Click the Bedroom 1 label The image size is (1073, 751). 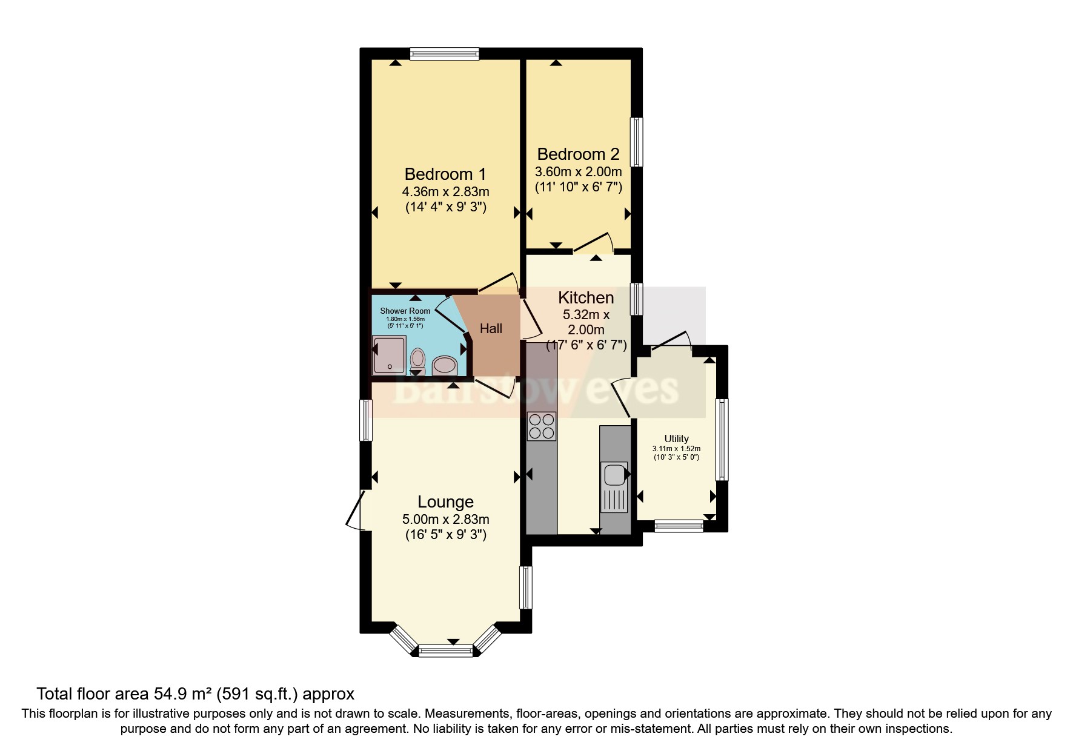click(445, 174)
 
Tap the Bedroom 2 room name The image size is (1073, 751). click(578, 154)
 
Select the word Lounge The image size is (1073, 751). click(445, 502)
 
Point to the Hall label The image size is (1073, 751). click(491, 329)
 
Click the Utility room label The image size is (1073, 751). click(676, 439)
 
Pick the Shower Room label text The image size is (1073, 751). click(405, 311)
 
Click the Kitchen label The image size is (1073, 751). click(586, 298)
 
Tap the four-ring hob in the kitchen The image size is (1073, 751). click(541, 426)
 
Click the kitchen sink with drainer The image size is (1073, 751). click(614, 487)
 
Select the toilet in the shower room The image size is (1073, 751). click(417, 359)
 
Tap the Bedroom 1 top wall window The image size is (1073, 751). click(444, 54)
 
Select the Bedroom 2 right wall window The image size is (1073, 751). click(636, 142)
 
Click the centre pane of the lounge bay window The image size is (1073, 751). click(445, 651)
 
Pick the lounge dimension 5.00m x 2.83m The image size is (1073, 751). click(445, 520)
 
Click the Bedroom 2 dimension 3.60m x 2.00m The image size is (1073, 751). click(578, 172)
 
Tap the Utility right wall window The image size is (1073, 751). click(722, 440)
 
